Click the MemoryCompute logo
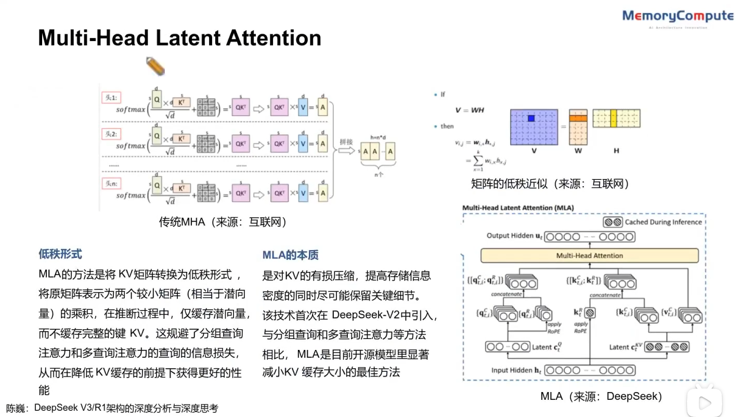pyautogui.click(x=678, y=16)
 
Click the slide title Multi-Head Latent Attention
pyautogui.click(x=179, y=38)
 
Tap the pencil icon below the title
pyautogui.click(x=155, y=66)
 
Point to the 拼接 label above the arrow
pyautogui.click(x=346, y=141)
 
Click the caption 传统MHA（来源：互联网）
pyautogui.click(x=223, y=222)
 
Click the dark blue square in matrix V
pyautogui.click(x=531, y=119)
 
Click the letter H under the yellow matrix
pyautogui.click(x=616, y=151)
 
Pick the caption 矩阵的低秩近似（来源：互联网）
pyautogui.click(x=550, y=184)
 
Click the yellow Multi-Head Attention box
pyautogui.click(x=590, y=255)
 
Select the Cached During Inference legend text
pyautogui.click(x=663, y=222)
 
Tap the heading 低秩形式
pyautogui.click(x=60, y=254)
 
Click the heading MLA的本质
pyautogui.click(x=290, y=255)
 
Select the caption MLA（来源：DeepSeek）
pyautogui.click(x=602, y=396)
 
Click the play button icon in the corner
pyautogui.click(x=705, y=402)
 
